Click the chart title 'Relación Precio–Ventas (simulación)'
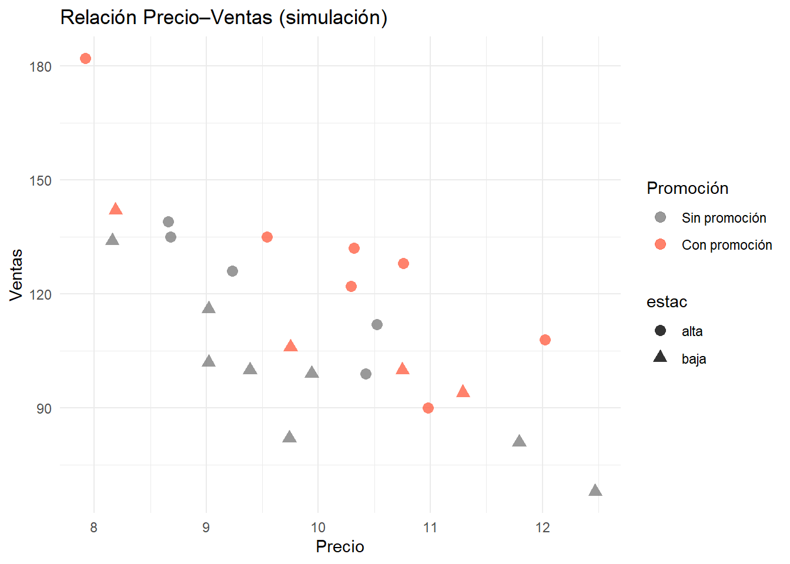click(224, 18)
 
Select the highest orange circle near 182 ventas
click(85, 58)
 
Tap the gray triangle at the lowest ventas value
click(595, 491)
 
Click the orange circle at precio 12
click(545, 340)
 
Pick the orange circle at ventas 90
click(428, 408)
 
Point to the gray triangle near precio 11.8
click(519, 441)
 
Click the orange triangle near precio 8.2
click(116, 209)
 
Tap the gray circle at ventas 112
click(377, 324)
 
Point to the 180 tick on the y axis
click(41, 66)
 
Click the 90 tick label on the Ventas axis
click(44, 408)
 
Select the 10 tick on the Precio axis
click(318, 527)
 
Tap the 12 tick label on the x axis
click(543, 527)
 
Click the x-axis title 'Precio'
click(340, 546)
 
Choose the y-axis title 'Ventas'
click(16, 274)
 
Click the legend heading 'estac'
click(667, 302)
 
